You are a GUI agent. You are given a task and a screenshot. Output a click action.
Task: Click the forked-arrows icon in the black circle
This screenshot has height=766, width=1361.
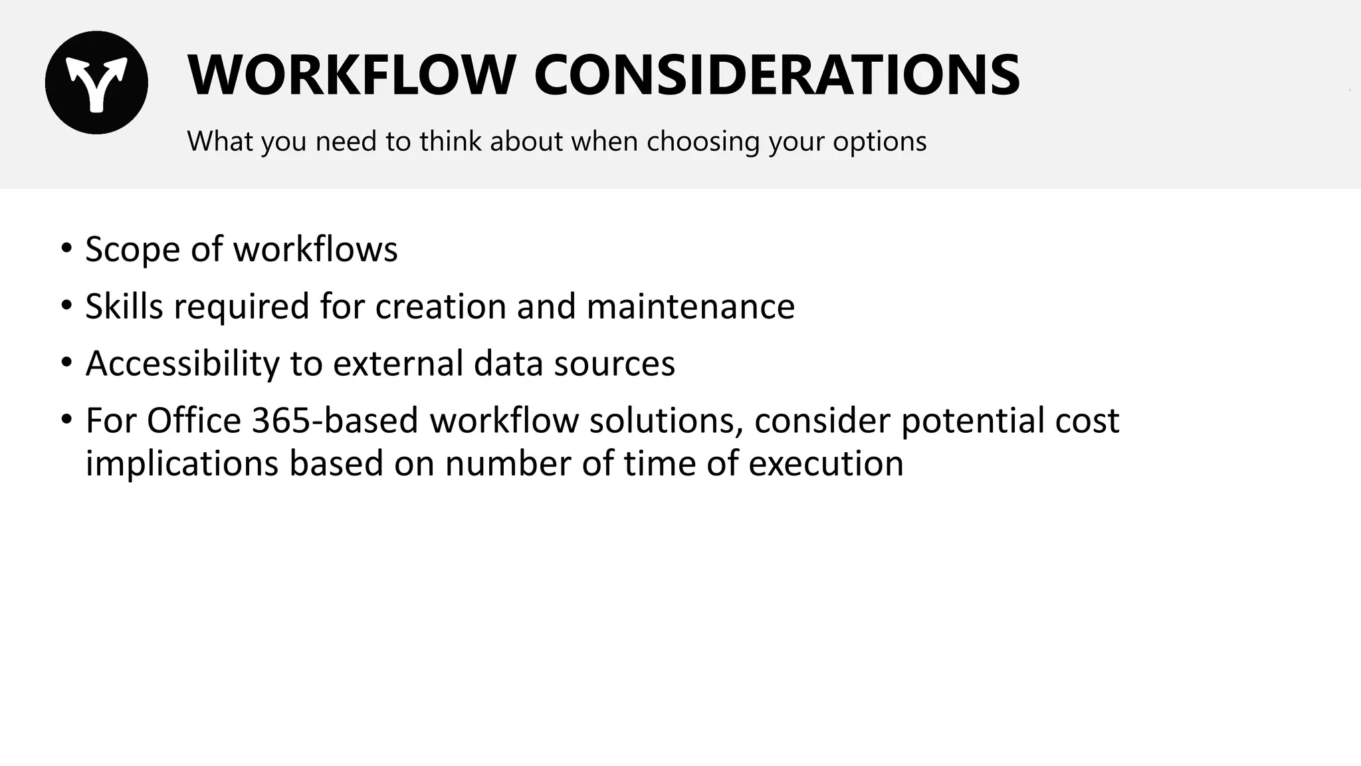point(96,82)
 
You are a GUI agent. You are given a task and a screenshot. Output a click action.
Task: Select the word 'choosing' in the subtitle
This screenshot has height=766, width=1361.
point(703,142)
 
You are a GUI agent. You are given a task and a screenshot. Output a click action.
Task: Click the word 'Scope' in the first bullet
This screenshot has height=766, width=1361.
point(133,249)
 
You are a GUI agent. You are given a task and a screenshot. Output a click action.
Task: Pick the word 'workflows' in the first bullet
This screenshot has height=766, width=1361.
point(315,249)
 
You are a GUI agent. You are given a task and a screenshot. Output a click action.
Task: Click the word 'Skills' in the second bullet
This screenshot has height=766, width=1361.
point(124,307)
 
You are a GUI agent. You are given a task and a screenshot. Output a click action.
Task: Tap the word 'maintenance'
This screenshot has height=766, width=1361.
point(690,307)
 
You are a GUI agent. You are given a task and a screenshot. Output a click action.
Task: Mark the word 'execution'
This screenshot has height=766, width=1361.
point(826,463)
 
